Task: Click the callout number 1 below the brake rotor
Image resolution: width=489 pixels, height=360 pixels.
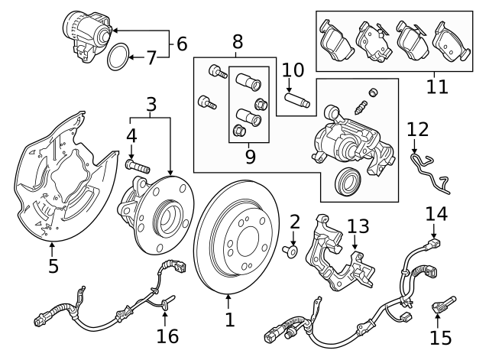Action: tap(229, 316)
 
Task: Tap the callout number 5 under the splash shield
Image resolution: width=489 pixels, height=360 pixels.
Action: tap(53, 266)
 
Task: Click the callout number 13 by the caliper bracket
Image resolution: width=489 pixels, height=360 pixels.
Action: tap(358, 227)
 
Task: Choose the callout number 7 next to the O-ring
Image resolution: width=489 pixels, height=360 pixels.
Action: tap(151, 57)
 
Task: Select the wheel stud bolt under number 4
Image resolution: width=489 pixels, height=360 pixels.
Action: tap(137, 164)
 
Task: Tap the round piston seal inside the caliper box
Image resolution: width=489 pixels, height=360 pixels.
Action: tap(348, 180)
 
